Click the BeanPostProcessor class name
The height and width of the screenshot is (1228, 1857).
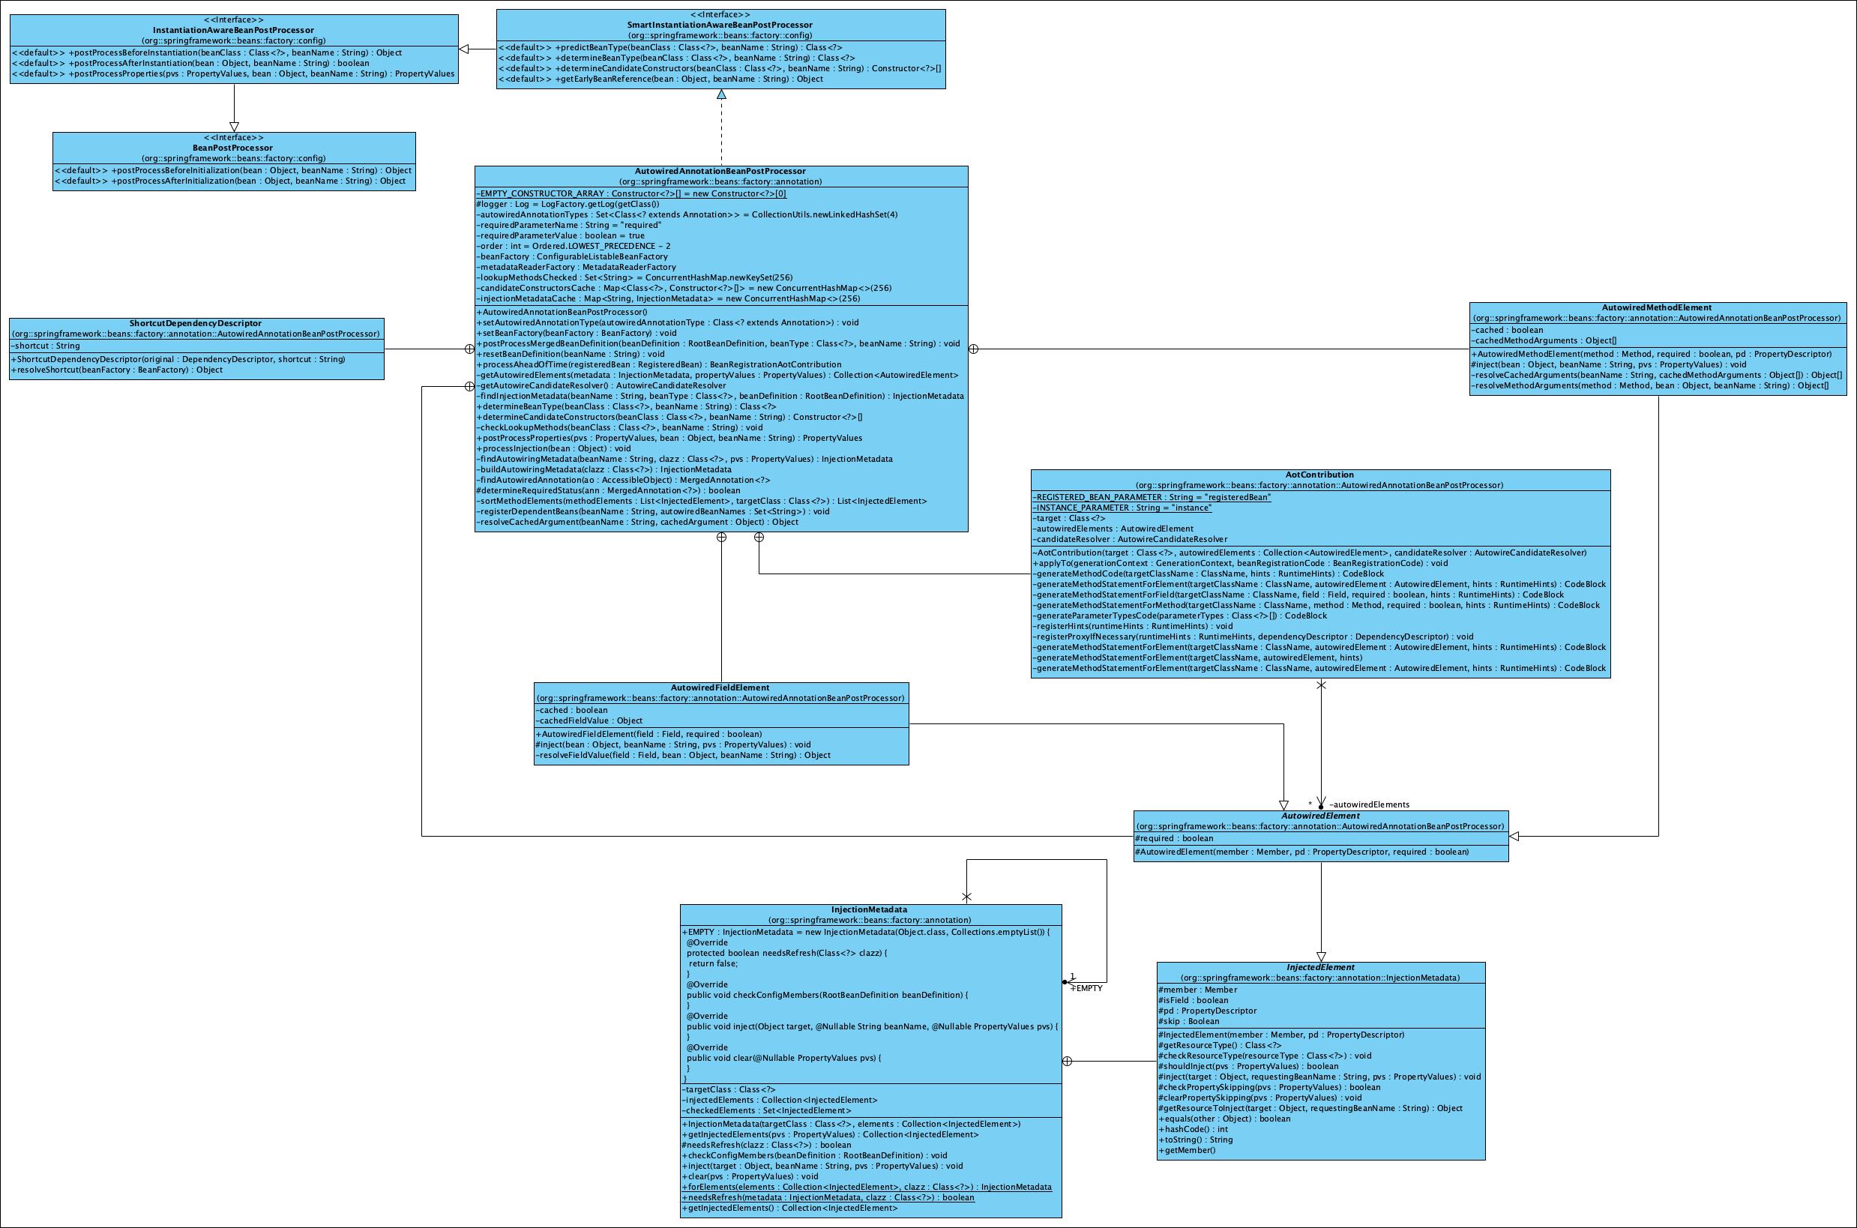pyautogui.click(x=233, y=148)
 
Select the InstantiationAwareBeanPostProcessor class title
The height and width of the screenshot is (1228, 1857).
pyautogui.click(x=233, y=31)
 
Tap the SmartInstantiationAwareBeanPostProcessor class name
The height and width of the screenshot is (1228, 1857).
pyautogui.click(x=720, y=25)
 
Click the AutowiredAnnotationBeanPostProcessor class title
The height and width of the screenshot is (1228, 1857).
pyautogui.click(x=720, y=172)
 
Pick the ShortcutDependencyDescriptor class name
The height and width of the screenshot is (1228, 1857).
pyautogui.click(x=196, y=323)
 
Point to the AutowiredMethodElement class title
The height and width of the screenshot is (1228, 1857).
pyautogui.click(x=1657, y=308)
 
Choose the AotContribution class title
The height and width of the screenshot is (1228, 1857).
pyautogui.click(x=1319, y=475)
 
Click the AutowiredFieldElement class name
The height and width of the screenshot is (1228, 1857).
pyautogui.click(x=720, y=687)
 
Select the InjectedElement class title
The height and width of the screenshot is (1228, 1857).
pyautogui.click(x=1319, y=967)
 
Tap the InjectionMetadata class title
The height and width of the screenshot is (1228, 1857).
pyautogui.click(x=870, y=910)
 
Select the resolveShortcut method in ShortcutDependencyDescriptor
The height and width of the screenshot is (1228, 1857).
pyautogui.click(x=117, y=370)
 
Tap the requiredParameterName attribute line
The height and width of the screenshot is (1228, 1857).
pyautogui.click(x=568, y=226)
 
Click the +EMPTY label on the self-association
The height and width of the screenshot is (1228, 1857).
pyautogui.click(x=1086, y=988)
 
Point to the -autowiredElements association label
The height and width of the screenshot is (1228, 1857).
pyautogui.click(x=1369, y=804)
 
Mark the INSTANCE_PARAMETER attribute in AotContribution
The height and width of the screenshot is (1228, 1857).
pyautogui.click(x=1122, y=508)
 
